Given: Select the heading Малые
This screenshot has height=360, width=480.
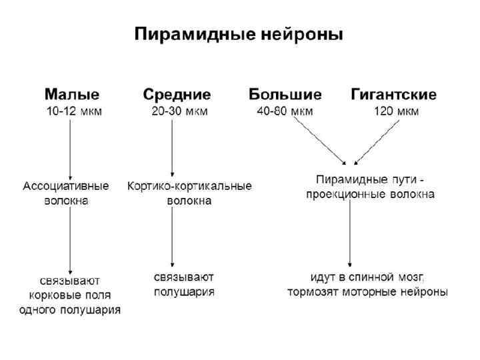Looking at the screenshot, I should (x=72, y=95).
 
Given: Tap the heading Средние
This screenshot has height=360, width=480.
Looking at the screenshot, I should (x=177, y=95).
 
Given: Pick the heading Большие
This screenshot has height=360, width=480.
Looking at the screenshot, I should (x=285, y=95).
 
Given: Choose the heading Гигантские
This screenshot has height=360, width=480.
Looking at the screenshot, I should (x=393, y=95).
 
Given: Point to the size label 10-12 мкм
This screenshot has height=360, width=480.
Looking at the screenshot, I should (x=74, y=111).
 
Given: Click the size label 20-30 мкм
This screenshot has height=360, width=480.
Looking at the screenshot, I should (x=179, y=111).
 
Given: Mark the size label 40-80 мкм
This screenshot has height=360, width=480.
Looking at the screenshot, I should (x=285, y=111).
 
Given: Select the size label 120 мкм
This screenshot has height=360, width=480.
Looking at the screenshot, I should (x=396, y=111).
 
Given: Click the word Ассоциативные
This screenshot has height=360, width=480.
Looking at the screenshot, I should (x=67, y=186).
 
